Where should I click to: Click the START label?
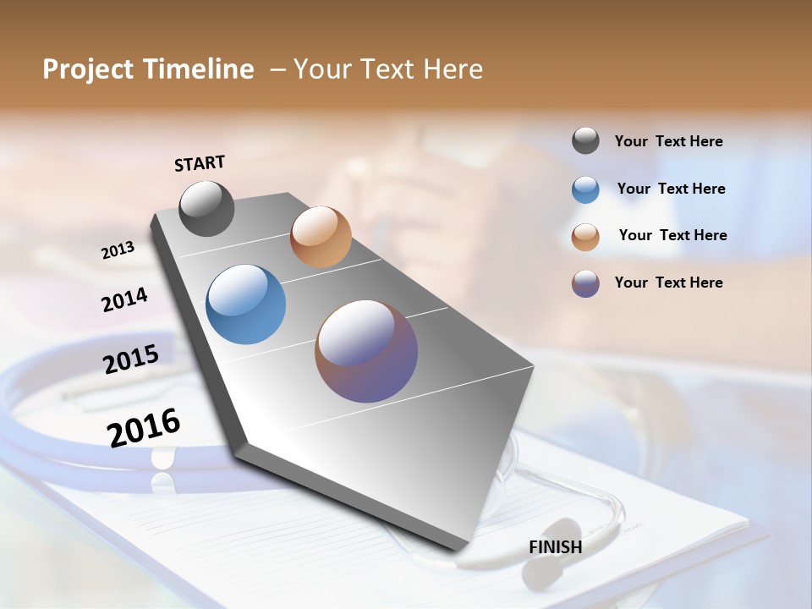tap(200, 163)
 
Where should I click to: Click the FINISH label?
tap(555, 547)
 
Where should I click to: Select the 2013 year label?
tap(118, 250)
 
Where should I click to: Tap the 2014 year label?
tap(124, 299)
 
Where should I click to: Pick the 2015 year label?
tap(131, 359)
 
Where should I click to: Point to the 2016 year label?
tap(144, 427)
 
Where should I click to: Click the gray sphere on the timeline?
tap(207, 208)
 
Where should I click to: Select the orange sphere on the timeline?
tap(321, 237)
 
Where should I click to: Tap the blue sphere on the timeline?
tap(246, 304)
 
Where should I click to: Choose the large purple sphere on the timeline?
tap(366, 351)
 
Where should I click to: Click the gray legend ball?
tap(585, 141)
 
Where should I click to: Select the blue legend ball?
tap(585, 189)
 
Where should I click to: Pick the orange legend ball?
tap(585, 237)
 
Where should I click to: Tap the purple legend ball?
tap(585, 283)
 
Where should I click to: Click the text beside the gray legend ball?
tap(668, 142)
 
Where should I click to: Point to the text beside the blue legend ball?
tap(671, 189)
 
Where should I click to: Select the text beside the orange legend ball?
tap(672, 235)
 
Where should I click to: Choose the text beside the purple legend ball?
tap(668, 283)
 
